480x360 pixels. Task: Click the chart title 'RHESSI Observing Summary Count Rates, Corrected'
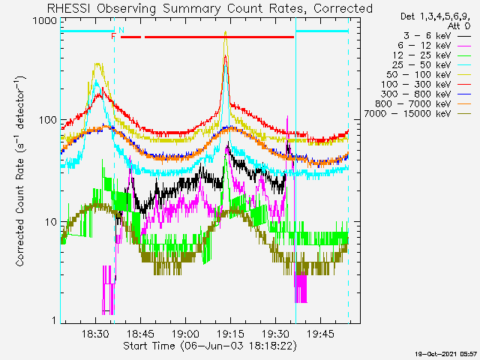(210, 8)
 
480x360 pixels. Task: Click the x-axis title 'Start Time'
(149, 346)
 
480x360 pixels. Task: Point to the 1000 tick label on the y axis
(45, 21)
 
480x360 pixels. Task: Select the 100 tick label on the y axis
(48, 120)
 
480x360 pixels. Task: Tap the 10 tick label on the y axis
(51, 222)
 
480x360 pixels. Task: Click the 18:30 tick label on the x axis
(95, 334)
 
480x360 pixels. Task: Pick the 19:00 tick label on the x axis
(185, 334)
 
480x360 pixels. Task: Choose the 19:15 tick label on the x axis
(230, 334)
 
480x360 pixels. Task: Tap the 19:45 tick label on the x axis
(320, 334)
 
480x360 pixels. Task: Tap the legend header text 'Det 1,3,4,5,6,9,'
(435, 16)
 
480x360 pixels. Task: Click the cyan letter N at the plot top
(121, 30)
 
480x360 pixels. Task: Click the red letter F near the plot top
(113, 37)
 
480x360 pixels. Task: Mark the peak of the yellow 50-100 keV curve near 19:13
(226, 31)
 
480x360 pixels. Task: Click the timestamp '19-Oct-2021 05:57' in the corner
(446, 354)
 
